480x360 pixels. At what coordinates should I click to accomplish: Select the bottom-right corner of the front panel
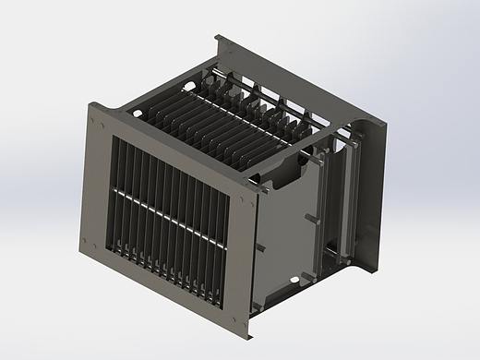point(248,337)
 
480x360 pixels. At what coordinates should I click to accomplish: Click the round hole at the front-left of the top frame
point(138,114)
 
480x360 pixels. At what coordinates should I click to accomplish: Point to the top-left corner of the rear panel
point(217,37)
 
